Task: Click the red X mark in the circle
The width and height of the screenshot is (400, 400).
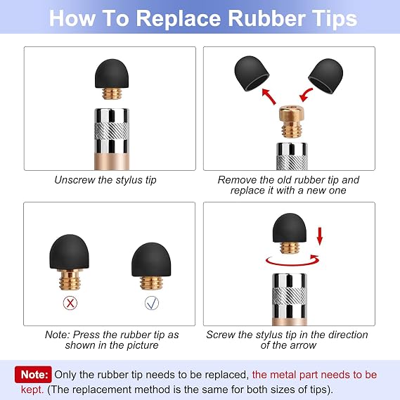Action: coord(70,303)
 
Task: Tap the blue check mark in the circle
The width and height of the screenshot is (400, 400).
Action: coord(152,303)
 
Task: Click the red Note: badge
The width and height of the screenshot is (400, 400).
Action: coord(33,375)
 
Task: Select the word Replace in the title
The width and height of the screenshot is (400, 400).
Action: coord(179,18)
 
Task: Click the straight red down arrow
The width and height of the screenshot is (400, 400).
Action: coord(320,237)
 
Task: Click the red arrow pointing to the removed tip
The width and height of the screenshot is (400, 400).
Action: coord(269,96)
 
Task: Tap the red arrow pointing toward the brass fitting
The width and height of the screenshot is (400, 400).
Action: coord(306,95)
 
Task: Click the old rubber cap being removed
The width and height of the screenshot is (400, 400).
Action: coord(252,73)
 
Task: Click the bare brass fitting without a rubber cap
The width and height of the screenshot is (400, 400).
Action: coord(291,121)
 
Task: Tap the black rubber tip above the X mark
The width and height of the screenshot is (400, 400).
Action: coord(69,252)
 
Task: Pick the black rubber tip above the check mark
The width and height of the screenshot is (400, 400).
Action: coord(151,259)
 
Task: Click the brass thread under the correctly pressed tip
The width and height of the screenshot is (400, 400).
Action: coord(151,283)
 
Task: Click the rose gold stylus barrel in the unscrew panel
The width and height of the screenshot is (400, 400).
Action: coord(112,162)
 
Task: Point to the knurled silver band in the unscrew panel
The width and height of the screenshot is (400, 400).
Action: coord(112,131)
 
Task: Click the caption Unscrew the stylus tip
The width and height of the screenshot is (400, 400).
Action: coord(105,180)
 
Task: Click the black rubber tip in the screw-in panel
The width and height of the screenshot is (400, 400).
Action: coord(290,228)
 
